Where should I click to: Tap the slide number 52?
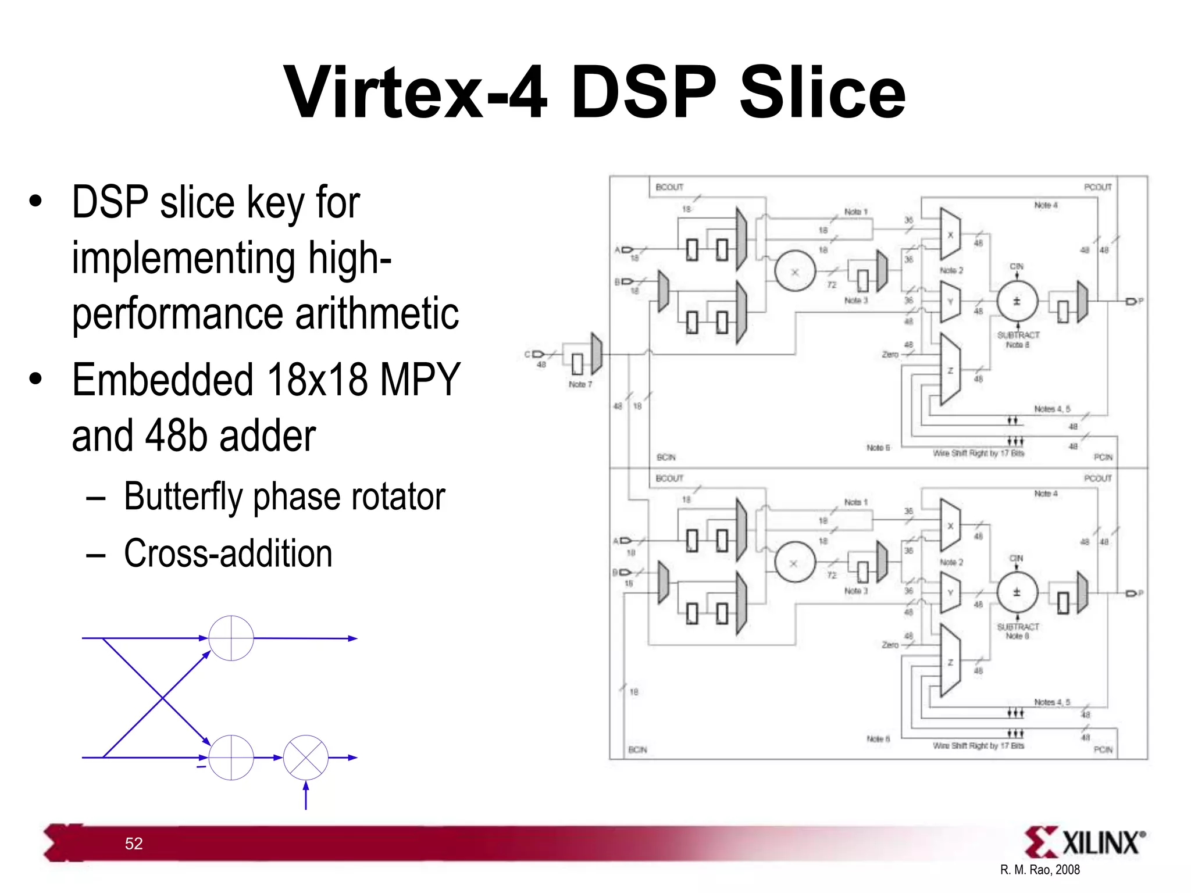[x=134, y=844]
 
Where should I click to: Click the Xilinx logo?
[x=1085, y=842]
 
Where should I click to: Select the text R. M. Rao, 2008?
[x=1040, y=870]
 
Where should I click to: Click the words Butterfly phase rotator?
[x=284, y=497]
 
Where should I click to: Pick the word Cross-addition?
[x=228, y=553]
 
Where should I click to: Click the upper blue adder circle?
[x=231, y=638]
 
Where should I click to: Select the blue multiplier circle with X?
[x=305, y=758]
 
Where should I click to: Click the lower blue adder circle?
[x=231, y=758]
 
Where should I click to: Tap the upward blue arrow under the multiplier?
[x=306, y=795]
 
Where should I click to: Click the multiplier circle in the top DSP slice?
[x=795, y=272]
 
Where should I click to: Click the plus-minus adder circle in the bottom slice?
[x=1017, y=592]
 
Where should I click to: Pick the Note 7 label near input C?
[x=580, y=384]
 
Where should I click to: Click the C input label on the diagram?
[x=527, y=354]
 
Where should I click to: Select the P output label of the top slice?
[x=1140, y=301]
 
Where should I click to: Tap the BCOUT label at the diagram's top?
[x=669, y=187]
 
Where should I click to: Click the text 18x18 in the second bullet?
[x=317, y=380]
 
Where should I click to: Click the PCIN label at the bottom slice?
[x=1103, y=750]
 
